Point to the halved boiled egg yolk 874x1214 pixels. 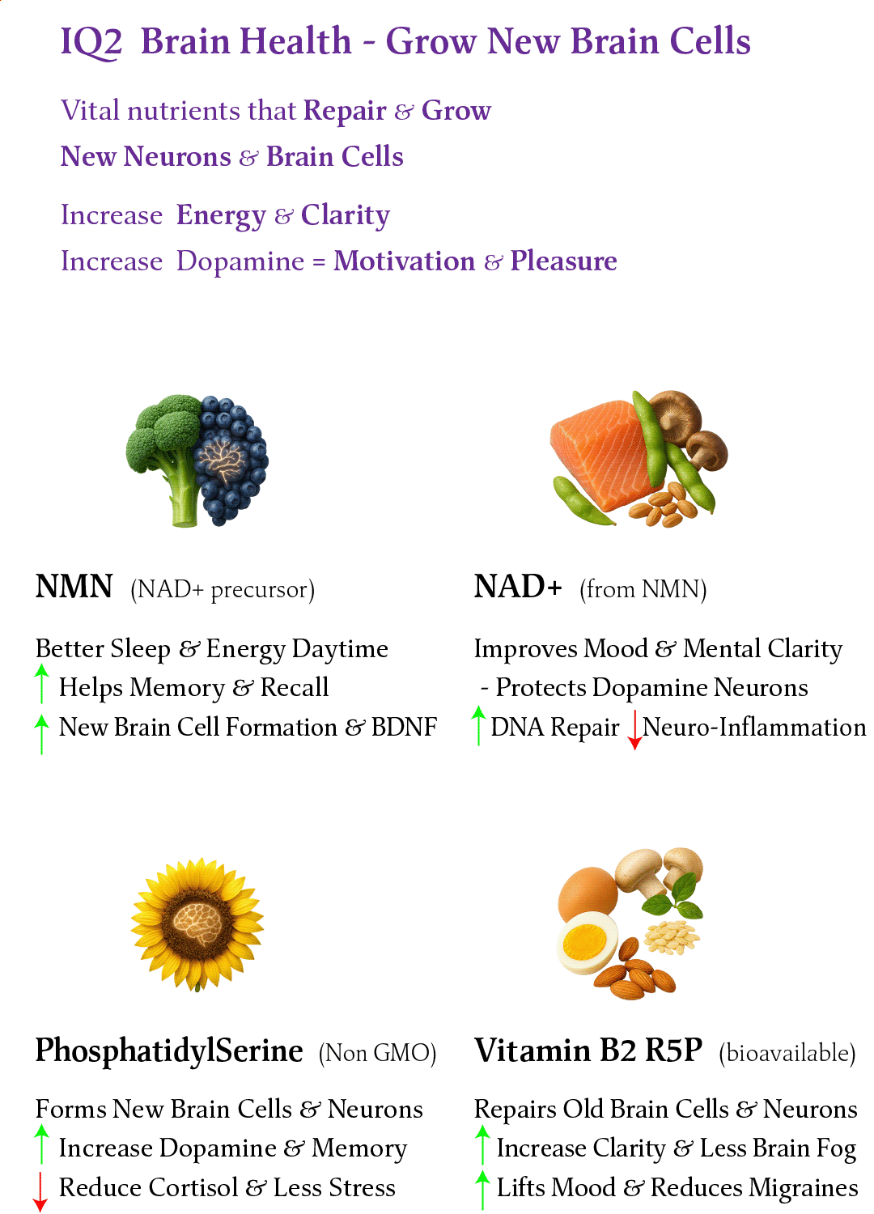[x=584, y=942]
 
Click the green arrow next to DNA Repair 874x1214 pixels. [x=479, y=725]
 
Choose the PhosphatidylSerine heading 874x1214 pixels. [x=169, y=1051]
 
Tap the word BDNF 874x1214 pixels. [x=404, y=728]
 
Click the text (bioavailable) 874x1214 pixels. [x=787, y=1053]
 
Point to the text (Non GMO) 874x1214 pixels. [x=377, y=1053]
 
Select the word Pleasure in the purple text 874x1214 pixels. [x=563, y=261]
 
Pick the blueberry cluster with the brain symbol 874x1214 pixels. [x=231, y=461]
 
